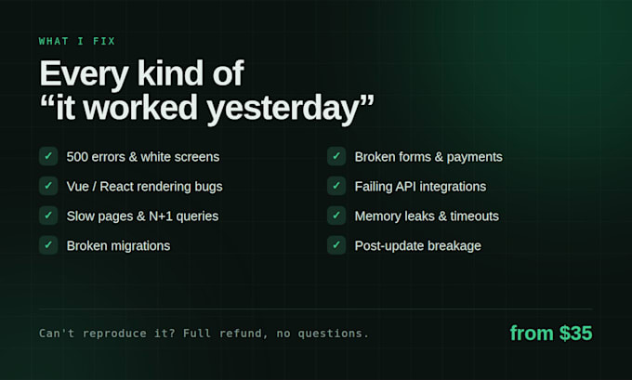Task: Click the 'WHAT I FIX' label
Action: [77, 41]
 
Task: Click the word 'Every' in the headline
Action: [84, 74]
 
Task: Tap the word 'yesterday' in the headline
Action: [283, 109]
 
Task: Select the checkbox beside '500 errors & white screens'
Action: [48, 156]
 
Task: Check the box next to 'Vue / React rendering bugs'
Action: [48, 186]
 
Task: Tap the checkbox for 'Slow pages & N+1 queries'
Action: [48, 216]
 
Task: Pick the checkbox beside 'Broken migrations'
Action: [48, 245]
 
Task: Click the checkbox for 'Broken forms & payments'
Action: [336, 156]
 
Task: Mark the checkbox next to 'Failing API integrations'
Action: [336, 186]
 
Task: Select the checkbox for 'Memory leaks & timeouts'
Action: [336, 216]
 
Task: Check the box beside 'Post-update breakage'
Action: [336, 245]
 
